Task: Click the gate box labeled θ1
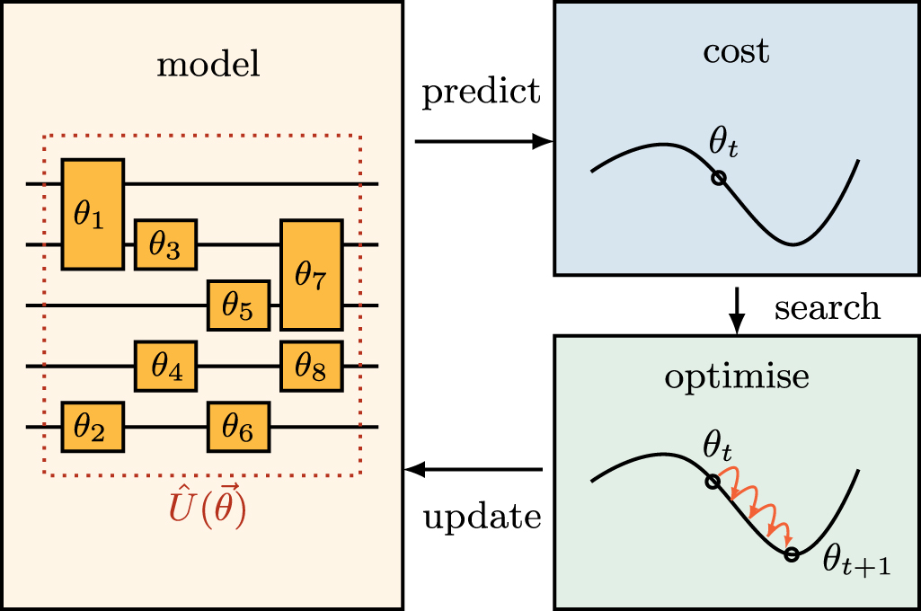(93, 214)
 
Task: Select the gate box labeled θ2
(93, 427)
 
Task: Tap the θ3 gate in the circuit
(165, 244)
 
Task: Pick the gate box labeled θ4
(165, 366)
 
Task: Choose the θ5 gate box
(238, 305)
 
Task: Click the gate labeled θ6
(238, 427)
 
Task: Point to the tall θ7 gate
(312, 274)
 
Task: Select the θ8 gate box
(312, 366)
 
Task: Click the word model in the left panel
(208, 66)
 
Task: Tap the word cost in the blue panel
(736, 51)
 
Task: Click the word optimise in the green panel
(736, 377)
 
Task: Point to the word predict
(482, 91)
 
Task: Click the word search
(827, 307)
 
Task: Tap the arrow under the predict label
(483, 141)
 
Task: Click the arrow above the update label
(474, 469)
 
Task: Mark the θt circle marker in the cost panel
(718, 178)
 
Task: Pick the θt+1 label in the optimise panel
(856, 562)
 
